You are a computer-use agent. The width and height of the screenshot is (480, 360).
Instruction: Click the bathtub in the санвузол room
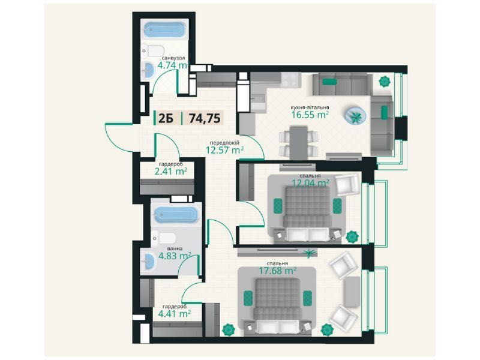click(x=164, y=29)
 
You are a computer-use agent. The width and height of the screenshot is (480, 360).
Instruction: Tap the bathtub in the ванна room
click(x=176, y=215)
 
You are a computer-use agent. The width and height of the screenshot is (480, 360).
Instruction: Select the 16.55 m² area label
click(x=310, y=115)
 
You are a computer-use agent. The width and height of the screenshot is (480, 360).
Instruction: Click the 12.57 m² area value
click(x=224, y=150)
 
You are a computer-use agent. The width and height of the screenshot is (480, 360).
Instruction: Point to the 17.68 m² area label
click(x=277, y=271)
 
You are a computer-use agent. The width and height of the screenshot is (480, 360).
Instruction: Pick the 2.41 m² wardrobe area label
click(x=171, y=172)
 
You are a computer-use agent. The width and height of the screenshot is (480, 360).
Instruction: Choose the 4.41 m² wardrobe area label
click(x=175, y=313)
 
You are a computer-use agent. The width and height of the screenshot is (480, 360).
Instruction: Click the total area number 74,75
click(x=205, y=118)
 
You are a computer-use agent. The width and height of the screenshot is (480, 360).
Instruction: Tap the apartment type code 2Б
click(x=166, y=118)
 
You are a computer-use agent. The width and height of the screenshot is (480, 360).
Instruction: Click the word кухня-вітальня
click(x=310, y=107)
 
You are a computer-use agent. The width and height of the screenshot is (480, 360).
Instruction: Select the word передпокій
click(x=224, y=143)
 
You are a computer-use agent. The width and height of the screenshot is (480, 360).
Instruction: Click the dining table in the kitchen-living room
click(x=299, y=143)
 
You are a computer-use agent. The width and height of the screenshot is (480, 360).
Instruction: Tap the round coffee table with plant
click(x=355, y=115)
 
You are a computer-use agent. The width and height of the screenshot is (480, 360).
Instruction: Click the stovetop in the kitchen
click(x=289, y=80)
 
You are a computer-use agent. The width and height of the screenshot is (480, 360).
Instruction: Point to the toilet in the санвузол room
click(x=153, y=50)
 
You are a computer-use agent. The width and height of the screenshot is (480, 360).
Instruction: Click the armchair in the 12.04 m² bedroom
click(x=347, y=185)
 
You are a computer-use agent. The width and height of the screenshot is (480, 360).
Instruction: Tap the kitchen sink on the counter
click(x=259, y=98)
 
